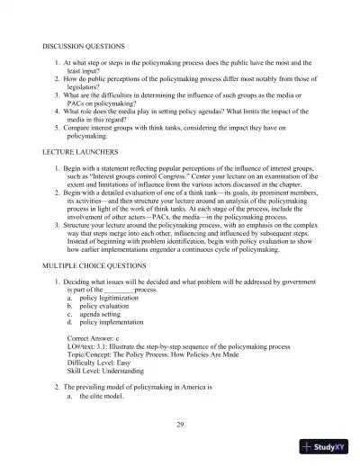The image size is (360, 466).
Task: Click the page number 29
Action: (x=180, y=421)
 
